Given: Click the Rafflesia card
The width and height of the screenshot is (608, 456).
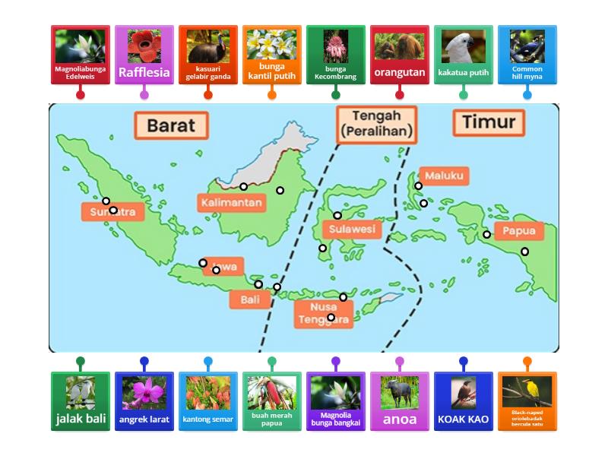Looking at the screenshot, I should pos(144,55).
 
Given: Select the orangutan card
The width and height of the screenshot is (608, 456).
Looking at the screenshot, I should pos(400,55).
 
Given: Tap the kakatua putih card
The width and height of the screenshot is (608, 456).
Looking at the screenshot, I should pos(464,55).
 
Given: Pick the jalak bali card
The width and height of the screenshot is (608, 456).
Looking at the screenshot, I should pos(81,401).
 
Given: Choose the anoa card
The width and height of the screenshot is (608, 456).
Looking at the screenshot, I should pos(400,401).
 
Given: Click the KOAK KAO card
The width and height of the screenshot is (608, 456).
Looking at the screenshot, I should pos(464,401).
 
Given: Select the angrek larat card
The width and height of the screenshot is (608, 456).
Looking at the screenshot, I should pos(144,401).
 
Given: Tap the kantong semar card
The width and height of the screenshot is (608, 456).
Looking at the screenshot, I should pos(208,401).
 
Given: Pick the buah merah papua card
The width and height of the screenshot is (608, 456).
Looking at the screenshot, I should pos(272,401).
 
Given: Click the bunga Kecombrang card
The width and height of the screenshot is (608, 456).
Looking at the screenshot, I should pos(336,55).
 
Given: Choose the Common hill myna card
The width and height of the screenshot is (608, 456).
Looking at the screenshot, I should pos(527,55).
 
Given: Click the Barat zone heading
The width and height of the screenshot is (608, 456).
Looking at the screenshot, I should pos(171,125).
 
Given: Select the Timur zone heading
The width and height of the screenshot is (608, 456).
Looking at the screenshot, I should pos(489,122).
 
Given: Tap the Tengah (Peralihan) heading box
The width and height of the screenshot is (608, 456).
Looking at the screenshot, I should pos(377,124).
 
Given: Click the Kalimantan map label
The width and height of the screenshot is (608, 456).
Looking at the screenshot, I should pos(231,203).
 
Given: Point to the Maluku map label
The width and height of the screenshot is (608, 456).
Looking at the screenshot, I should pos(444,176).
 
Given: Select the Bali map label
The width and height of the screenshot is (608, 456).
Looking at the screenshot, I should pos(250,299).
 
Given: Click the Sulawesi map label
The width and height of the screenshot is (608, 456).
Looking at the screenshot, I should pos(353,229).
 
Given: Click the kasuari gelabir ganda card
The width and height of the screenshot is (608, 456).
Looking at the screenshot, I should pos(208,55).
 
